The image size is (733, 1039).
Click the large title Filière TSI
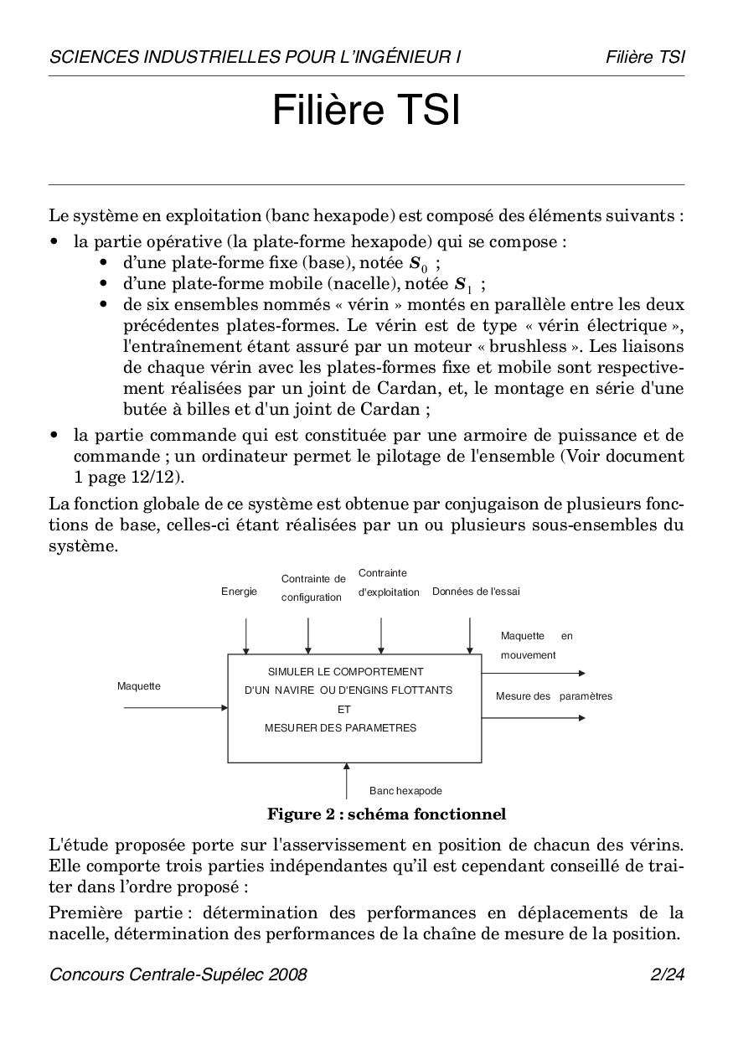pyautogui.click(x=366, y=111)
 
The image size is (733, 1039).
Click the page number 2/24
pyautogui.click(x=667, y=974)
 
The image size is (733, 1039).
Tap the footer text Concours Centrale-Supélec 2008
pyautogui.click(x=178, y=974)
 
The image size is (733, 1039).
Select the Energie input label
pyautogui.click(x=239, y=592)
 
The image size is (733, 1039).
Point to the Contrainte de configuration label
pyautogui.click(x=312, y=587)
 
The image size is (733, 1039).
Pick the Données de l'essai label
pyautogui.click(x=476, y=592)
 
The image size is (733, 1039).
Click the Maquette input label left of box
pyautogui.click(x=139, y=686)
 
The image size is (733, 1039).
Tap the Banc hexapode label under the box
pyautogui.click(x=405, y=790)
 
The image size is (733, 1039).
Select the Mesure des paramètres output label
pyautogui.click(x=554, y=696)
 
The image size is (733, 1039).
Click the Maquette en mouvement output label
pyautogui.click(x=536, y=645)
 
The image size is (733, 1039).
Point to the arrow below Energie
pyautogui.click(x=245, y=636)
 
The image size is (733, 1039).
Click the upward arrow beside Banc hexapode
pyautogui.click(x=347, y=780)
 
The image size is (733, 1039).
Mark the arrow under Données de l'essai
pyautogui.click(x=469, y=636)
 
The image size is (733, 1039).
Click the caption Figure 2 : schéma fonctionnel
pyautogui.click(x=386, y=814)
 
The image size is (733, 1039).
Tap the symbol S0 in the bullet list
pyautogui.click(x=417, y=262)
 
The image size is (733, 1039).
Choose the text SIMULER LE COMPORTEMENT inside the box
pyautogui.click(x=345, y=672)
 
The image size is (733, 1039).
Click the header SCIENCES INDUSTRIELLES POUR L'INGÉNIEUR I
pyautogui.click(x=256, y=57)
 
